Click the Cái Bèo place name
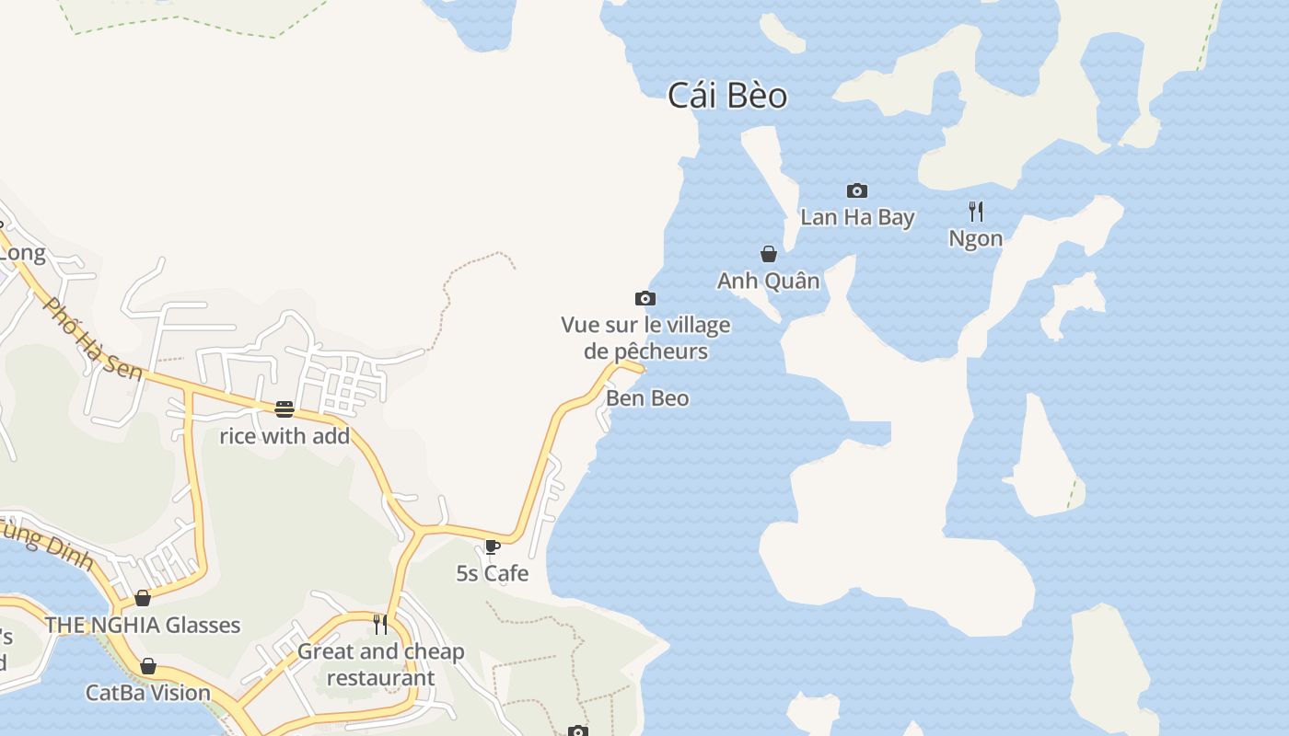pos(727,95)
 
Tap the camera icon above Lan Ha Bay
pos(857,190)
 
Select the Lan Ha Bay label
pos(857,217)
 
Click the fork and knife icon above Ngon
pos(976,212)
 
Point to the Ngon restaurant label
pos(975,238)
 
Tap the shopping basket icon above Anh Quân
pos(769,254)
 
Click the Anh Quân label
pos(768,281)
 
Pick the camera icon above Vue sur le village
pos(645,298)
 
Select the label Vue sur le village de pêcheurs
pos(645,338)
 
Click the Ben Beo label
pos(647,398)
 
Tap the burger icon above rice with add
pos(285,408)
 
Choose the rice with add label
pos(285,436)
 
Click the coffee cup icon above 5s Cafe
pos(493,546)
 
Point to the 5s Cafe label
pos(493,573)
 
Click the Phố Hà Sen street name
pos(94,339)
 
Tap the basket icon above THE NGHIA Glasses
pos(143,598)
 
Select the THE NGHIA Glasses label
pos(143,626)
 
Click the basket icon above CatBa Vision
pos(148,666)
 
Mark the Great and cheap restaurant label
pos(380,664)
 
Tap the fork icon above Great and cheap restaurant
pos(380,625)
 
